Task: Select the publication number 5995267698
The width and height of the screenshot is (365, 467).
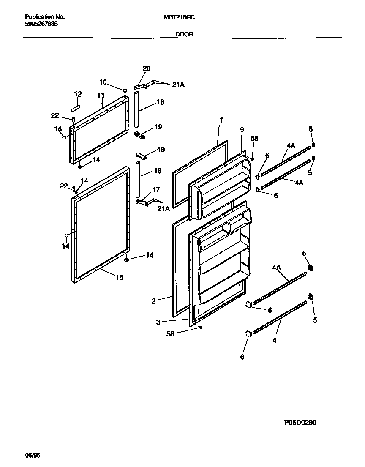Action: (41, 24)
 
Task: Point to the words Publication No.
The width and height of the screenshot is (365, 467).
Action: (45, 17)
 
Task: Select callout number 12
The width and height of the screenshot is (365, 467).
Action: (78, 94)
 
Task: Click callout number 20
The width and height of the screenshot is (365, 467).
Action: (147, 68)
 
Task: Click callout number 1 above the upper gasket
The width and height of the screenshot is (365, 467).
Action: (221, 120)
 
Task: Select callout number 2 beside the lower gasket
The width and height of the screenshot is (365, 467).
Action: (154, 301)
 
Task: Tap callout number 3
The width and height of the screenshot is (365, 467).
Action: (158, 322)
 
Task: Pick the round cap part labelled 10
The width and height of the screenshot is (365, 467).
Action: (125, 90)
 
